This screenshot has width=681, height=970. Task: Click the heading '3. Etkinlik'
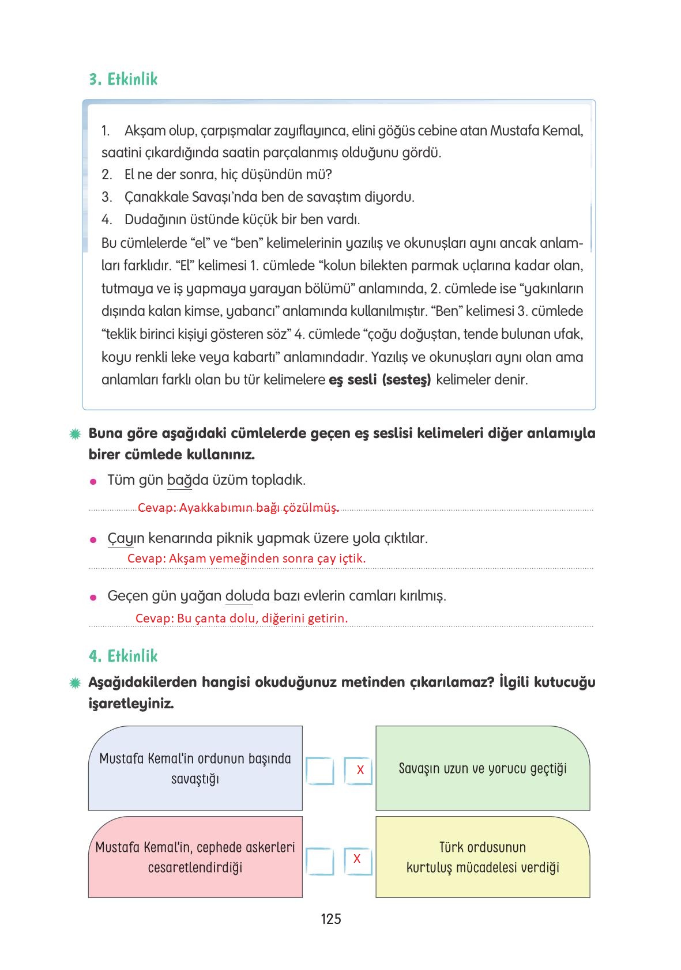click(123, 80)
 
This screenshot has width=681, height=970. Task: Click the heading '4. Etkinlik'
click(123, 656)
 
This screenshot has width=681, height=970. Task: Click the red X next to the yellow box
click(357, 859)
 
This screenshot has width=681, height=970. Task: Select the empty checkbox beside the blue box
click(319, 771)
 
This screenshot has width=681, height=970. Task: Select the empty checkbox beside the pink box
click(319, 861)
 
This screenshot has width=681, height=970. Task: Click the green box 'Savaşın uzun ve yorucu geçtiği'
click(483, 769)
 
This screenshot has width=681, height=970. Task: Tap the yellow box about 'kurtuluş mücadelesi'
click(483, 858)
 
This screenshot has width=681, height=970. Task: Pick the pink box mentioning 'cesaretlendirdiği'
click(195, 858)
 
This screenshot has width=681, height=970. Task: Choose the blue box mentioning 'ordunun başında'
click(195, 769)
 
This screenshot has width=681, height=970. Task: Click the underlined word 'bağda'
click(179, 480)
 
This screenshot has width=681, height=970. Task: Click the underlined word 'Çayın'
click(121, 539)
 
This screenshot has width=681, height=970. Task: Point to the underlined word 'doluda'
click(239, 596)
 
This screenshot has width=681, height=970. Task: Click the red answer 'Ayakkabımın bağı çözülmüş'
click(238, 508)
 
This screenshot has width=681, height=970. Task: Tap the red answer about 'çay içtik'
click(246, 558)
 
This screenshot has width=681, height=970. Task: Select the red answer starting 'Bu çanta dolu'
click(242, 618)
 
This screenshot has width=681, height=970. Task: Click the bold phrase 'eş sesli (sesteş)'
click(380, 380)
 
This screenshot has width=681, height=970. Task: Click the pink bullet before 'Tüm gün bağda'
click(92, 482)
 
